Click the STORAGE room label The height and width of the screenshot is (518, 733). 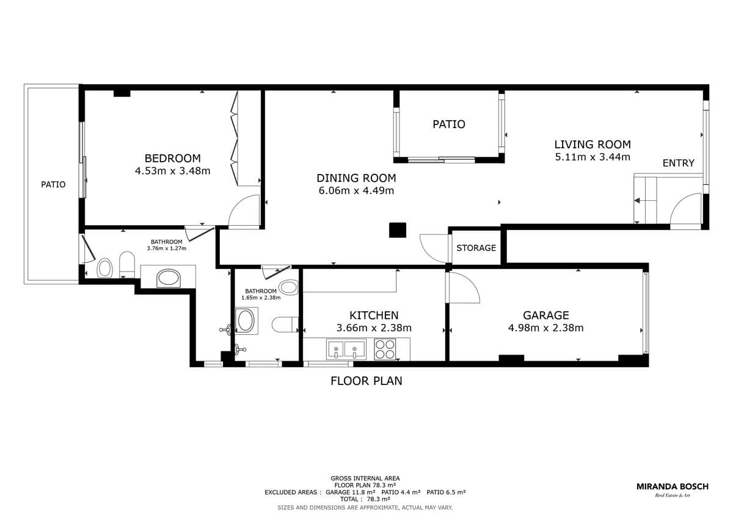tap(476, 248)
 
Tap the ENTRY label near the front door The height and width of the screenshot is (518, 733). tap(679, 163)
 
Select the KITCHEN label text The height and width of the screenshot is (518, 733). tap(374, 315)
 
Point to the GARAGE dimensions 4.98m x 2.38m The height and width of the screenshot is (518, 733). tap(546, 328)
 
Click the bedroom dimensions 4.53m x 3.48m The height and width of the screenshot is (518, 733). tap(172, 171)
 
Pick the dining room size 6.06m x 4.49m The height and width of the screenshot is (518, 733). tap(356, 190)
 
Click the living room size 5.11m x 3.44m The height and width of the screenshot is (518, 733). tap(593, 157)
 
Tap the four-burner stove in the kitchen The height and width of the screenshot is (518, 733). tap(385, 350)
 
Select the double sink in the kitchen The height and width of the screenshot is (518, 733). tap(346, 350)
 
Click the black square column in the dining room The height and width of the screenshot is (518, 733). tap(398, 230)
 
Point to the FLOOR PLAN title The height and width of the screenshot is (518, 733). tap(366, 381)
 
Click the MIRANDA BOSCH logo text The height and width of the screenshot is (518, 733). tap(673, 487)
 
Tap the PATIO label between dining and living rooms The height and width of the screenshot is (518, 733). tap(449, 124)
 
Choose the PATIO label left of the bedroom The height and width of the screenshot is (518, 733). tap(53, 185)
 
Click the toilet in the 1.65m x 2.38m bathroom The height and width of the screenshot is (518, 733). tap(285, 325)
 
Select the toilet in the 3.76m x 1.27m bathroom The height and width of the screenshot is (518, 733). tap(127, 265)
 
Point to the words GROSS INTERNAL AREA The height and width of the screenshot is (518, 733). tap(365, 478)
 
